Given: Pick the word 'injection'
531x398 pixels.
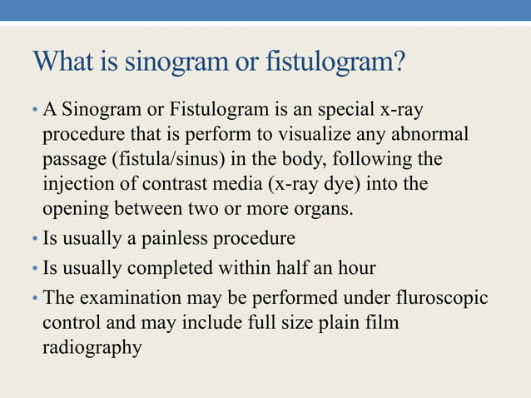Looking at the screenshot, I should coord(77,182).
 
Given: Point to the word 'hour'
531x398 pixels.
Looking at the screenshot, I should coord(356,268).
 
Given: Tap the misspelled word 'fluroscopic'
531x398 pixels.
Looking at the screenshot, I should coord(444,297).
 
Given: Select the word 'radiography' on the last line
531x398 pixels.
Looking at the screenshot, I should coord(92,346).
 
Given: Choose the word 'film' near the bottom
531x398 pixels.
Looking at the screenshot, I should coord(383,321).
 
